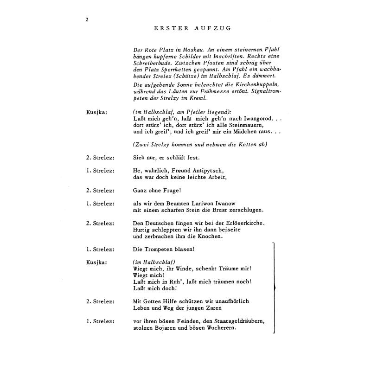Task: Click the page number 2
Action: tap(87, 19)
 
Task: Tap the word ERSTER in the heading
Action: tap(171, 28)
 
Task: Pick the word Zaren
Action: tap(211, 308)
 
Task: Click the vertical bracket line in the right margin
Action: tap(275, 288)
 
